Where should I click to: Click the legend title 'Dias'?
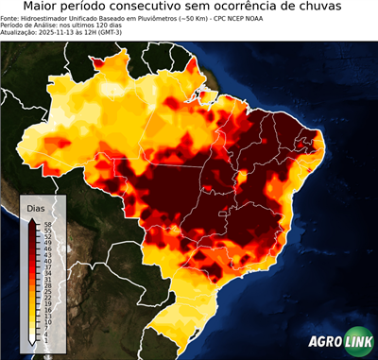point(36,208)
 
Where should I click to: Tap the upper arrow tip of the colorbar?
point(32,219)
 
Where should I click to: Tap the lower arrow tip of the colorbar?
point(32,344)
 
